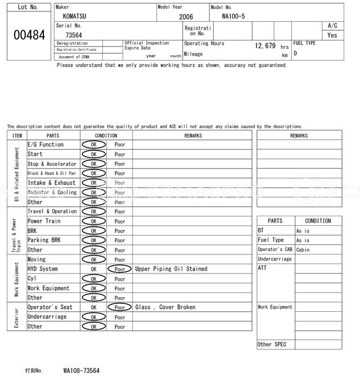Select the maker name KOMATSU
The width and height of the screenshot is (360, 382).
point(75,16)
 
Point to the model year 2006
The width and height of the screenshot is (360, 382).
point(186,17)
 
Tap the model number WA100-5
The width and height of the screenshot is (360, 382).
point(234,16)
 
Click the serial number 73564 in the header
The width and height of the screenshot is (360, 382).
point(74,35)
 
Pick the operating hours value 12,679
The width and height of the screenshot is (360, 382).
point(265,46)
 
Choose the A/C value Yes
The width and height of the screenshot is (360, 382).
point(332,35)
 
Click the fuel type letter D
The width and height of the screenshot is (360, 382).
point(295,53)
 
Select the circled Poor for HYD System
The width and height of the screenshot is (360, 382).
point(120,269)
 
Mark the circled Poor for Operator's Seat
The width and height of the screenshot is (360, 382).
point(120,307)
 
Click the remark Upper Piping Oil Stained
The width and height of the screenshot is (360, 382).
point(171,269)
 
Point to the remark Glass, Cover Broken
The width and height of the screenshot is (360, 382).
point(165,307)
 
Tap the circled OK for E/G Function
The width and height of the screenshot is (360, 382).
point(93,145)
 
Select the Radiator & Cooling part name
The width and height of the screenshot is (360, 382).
point(52,193)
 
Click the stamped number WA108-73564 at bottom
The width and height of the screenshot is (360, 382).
point(81,371)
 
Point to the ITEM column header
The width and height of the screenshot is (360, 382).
point(17,135)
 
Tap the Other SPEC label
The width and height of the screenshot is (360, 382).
point(272,344)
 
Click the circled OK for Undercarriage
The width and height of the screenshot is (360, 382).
point(93,317)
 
